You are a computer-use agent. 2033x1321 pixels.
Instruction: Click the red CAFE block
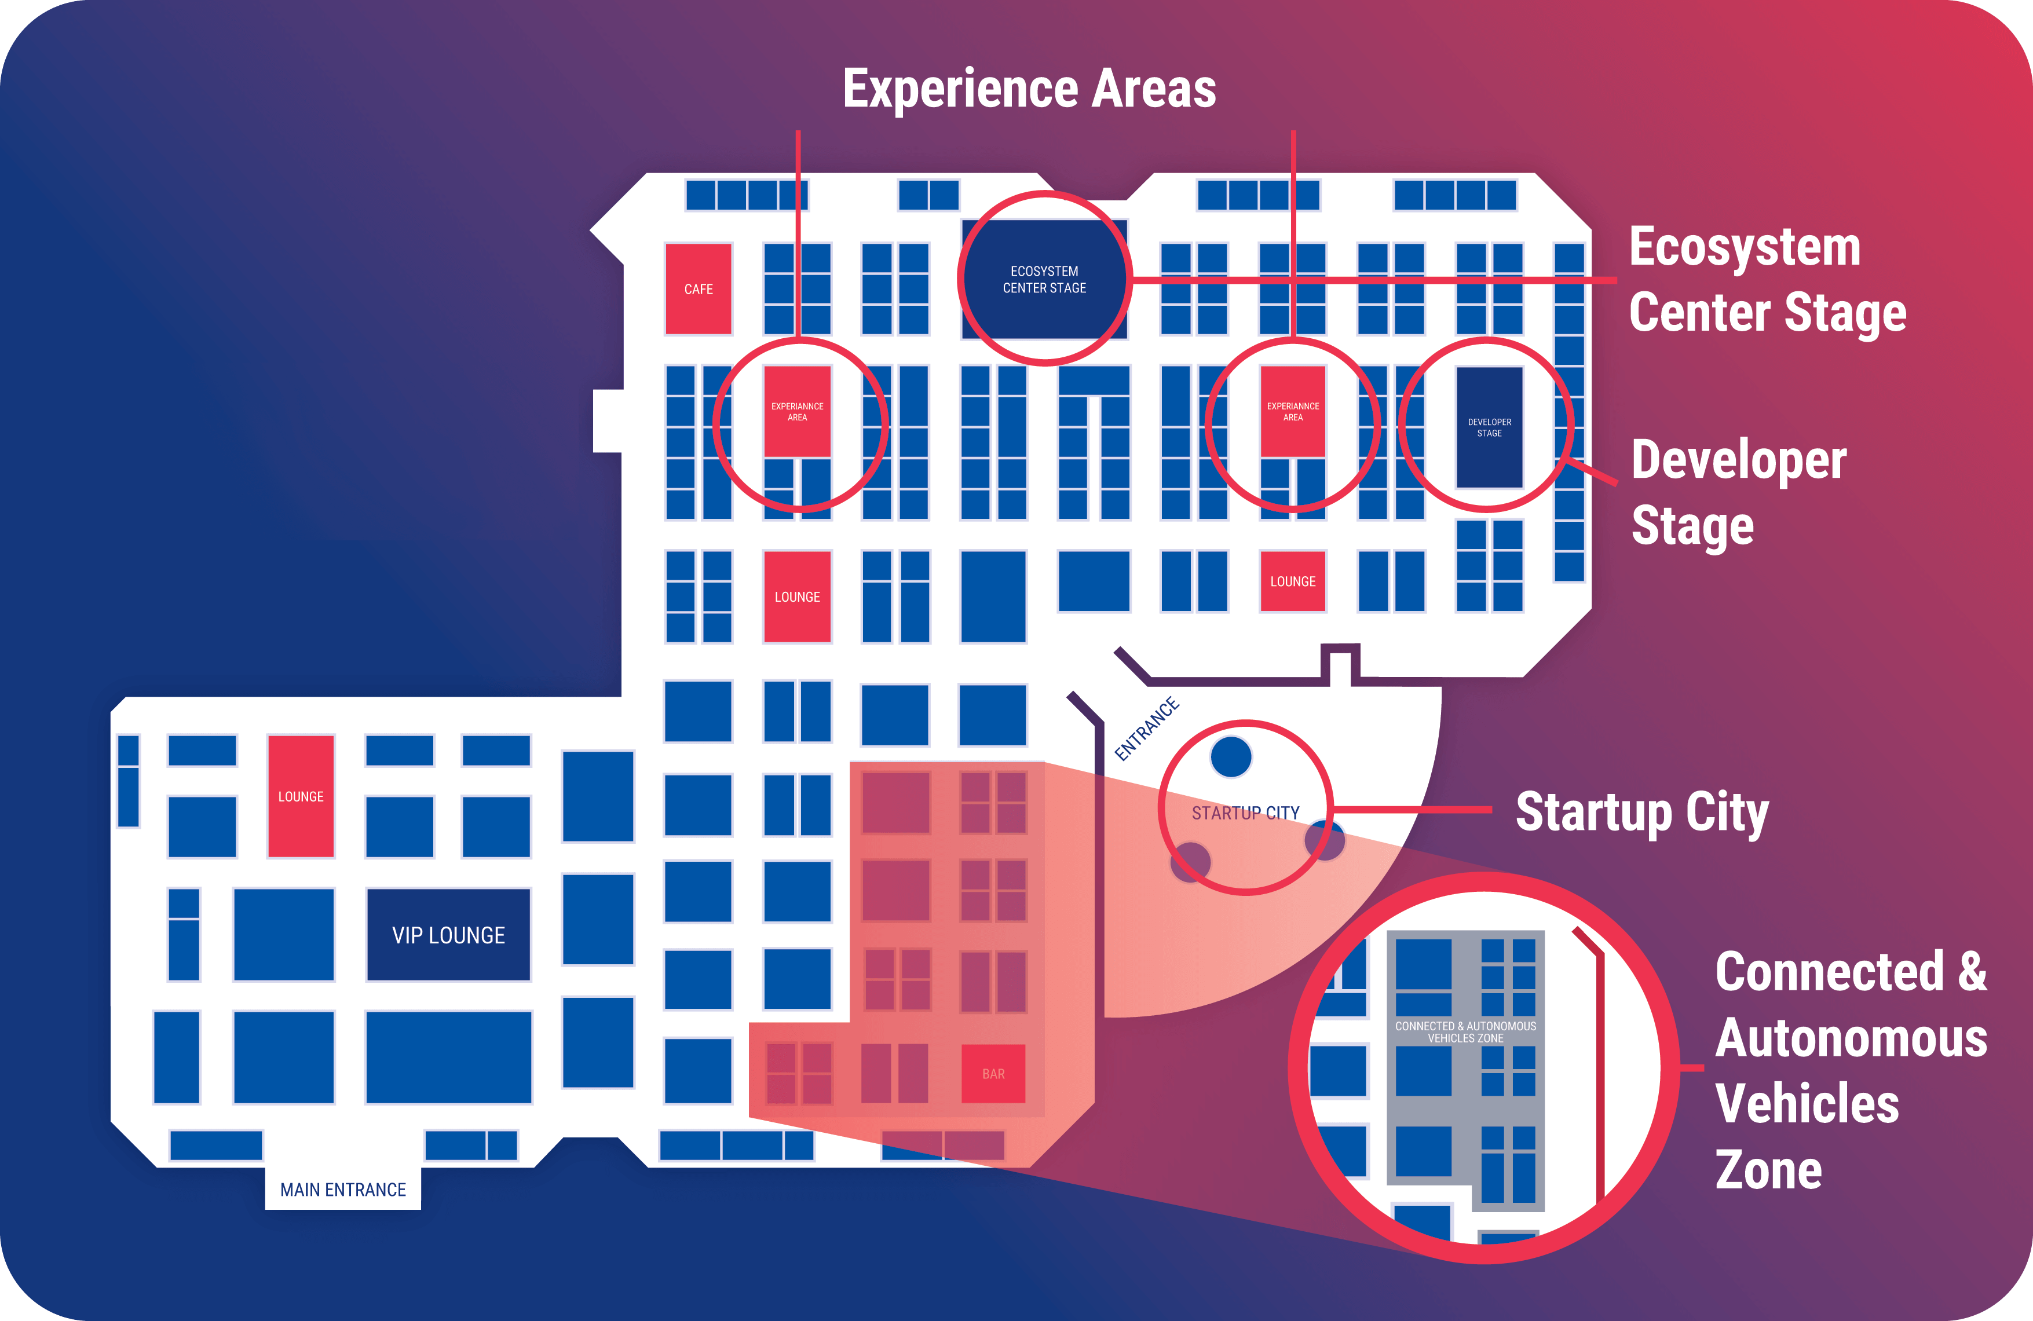[x=698, y=288]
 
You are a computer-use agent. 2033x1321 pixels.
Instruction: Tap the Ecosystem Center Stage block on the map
[x=1044, y=279]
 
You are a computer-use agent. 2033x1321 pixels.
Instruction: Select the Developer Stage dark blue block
[x=1489, y=427]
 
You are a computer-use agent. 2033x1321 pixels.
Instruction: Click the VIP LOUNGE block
[x=448, y=935]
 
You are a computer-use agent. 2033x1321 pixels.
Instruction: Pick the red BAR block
[x=993, y=1073]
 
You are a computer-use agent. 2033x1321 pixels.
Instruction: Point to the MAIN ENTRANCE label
[x=342, y=1190]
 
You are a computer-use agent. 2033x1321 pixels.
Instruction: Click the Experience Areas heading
[x=1029, y=89]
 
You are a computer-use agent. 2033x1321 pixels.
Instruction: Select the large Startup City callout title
[x=1641, y=811]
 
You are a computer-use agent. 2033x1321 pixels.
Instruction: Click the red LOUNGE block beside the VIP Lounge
[x=301, y=796]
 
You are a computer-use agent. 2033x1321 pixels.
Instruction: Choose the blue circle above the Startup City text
[x=1231, y=756]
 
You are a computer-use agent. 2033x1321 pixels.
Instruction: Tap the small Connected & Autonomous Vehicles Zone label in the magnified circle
[x=1465, y=1031]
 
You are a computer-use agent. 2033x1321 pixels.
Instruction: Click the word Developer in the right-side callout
[x=1738, y=461]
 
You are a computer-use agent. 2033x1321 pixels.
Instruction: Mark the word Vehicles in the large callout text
[x=1807, y=1103]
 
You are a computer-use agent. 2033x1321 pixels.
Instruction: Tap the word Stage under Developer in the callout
[x=1692, y=525]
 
